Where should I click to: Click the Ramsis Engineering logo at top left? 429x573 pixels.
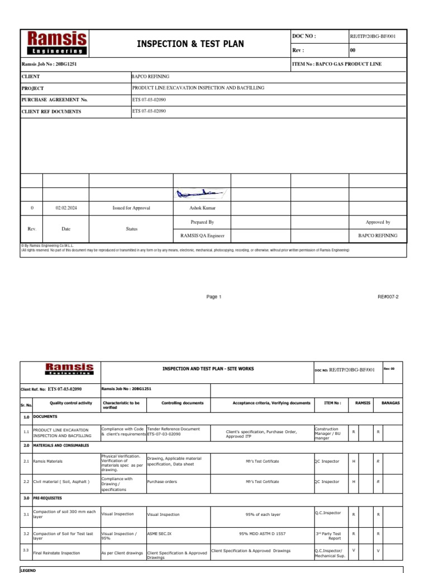coord(57,43)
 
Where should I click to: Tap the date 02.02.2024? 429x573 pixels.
coord(66,208)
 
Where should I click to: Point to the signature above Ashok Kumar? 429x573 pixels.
coord(201,194)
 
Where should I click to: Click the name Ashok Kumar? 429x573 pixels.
coord(202,208)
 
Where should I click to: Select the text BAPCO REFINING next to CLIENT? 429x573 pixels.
coord(150,76)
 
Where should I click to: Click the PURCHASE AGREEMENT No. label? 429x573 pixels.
coord(55,100)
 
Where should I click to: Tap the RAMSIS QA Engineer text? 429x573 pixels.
coord(202,236)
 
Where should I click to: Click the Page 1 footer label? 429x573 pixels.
coord(214,297)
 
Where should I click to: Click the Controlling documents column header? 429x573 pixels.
coord(178,403)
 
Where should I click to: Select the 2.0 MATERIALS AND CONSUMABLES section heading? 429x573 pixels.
coord(60,445)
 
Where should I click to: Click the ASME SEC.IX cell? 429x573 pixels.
coord(159,534)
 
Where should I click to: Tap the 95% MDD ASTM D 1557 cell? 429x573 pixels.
coord(262,534)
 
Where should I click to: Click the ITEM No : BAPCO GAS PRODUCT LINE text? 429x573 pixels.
coord(337,64)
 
